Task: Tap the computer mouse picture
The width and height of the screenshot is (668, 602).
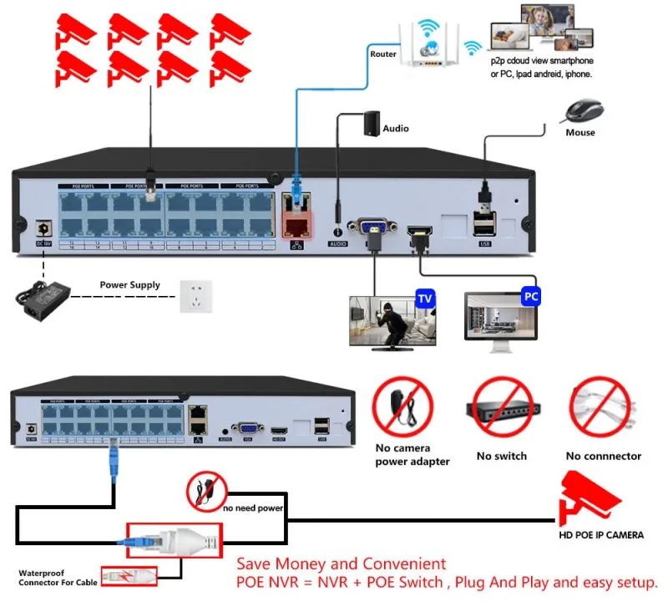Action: (x=584, y=111)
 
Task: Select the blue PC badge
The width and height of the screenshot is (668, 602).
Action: (x=531, y=296)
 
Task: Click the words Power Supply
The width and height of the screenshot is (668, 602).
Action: (x=129, y=285)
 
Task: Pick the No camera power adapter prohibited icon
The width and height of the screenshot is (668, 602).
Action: (x=404, y=409)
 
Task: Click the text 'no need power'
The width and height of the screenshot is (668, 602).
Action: (x=253, y=508)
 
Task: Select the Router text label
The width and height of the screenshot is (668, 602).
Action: (x=383, y=54)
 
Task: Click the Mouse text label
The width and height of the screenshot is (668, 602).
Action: (x=580, y=132)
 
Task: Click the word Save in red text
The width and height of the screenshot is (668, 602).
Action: (x=256, y=564)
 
